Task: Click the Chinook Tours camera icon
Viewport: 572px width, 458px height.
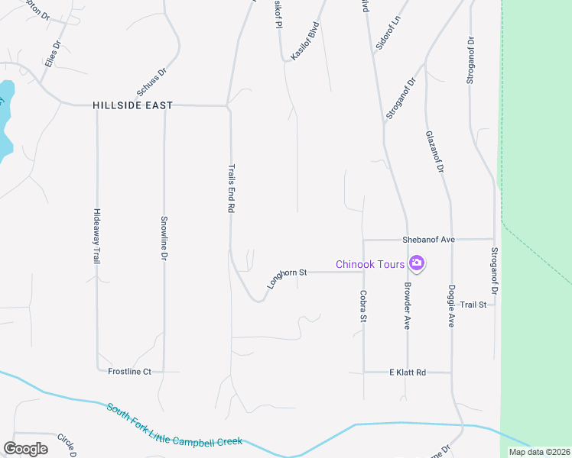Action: (417, 264)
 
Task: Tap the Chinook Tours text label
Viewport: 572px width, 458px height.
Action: (370, 265)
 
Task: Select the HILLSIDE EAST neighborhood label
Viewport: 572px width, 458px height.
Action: (133, 105)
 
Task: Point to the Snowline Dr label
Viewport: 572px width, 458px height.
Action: (164, 239)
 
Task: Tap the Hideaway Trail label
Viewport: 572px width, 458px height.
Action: (96, 236)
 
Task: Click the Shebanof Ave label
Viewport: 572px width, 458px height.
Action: (428, 240)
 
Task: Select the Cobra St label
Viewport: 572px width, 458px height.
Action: (363, 305)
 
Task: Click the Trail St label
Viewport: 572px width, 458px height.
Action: (473, 305)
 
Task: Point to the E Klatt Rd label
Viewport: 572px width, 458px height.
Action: (407, 373)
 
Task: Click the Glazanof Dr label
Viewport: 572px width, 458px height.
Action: (434, 153)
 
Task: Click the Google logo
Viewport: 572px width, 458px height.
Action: (25, 449)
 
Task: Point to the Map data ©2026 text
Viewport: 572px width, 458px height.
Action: (538, 452)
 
